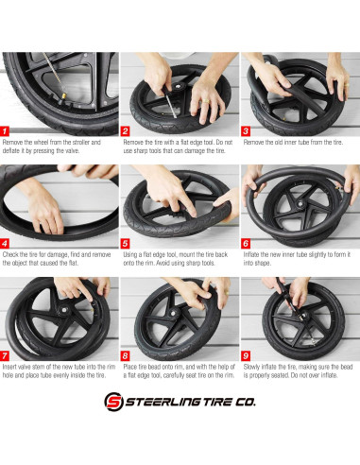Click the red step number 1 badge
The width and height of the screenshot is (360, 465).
(7, 131)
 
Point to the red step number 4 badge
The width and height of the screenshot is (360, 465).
(7, 243)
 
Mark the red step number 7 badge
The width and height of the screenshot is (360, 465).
(7, 354)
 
